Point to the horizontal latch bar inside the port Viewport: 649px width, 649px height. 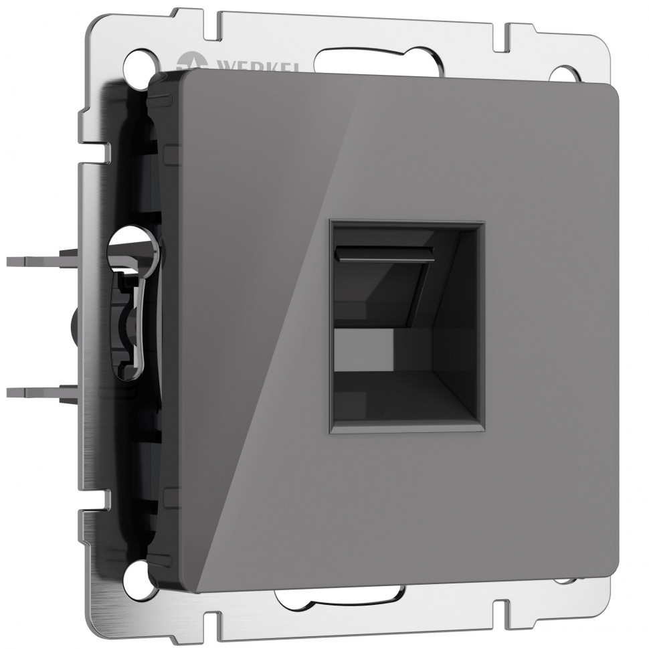(385, 255)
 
